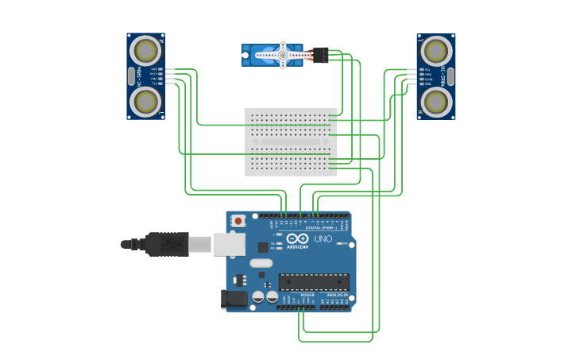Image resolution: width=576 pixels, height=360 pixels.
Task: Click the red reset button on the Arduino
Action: pos(238,220)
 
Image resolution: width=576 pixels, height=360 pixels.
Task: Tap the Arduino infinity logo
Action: pos(298,238)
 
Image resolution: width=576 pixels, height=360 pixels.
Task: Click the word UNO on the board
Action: pos(323,238)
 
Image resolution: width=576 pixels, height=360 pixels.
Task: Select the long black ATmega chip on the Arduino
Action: pos(313,281)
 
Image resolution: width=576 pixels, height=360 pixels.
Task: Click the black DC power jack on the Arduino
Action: pos(234,299)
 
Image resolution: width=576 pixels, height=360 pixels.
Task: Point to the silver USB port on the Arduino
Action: pos(229,244)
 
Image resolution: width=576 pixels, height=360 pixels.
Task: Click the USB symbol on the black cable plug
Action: pos(171,244)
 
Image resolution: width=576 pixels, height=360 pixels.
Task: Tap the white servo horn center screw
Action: pos(282,55)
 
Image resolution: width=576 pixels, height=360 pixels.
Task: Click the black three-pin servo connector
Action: pos(320,55)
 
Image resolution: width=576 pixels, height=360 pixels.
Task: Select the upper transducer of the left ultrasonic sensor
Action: pos(145,51)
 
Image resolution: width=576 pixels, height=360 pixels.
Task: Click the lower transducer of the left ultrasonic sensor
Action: pos(145,101)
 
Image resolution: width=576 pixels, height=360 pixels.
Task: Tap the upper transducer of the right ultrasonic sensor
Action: pos(436,51)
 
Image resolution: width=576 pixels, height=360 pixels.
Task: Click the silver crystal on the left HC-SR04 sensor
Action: pos(131,76)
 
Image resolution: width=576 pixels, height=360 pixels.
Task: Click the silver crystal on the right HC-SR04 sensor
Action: pos(450,76)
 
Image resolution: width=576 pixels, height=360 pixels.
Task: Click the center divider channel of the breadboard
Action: pos(291,142)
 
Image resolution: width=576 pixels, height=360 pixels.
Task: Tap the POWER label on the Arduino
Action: pos(307,295)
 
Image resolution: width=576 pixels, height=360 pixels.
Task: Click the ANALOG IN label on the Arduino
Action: pos(337,295)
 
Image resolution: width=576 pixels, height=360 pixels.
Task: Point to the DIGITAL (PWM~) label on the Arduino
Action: pos(320,228)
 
